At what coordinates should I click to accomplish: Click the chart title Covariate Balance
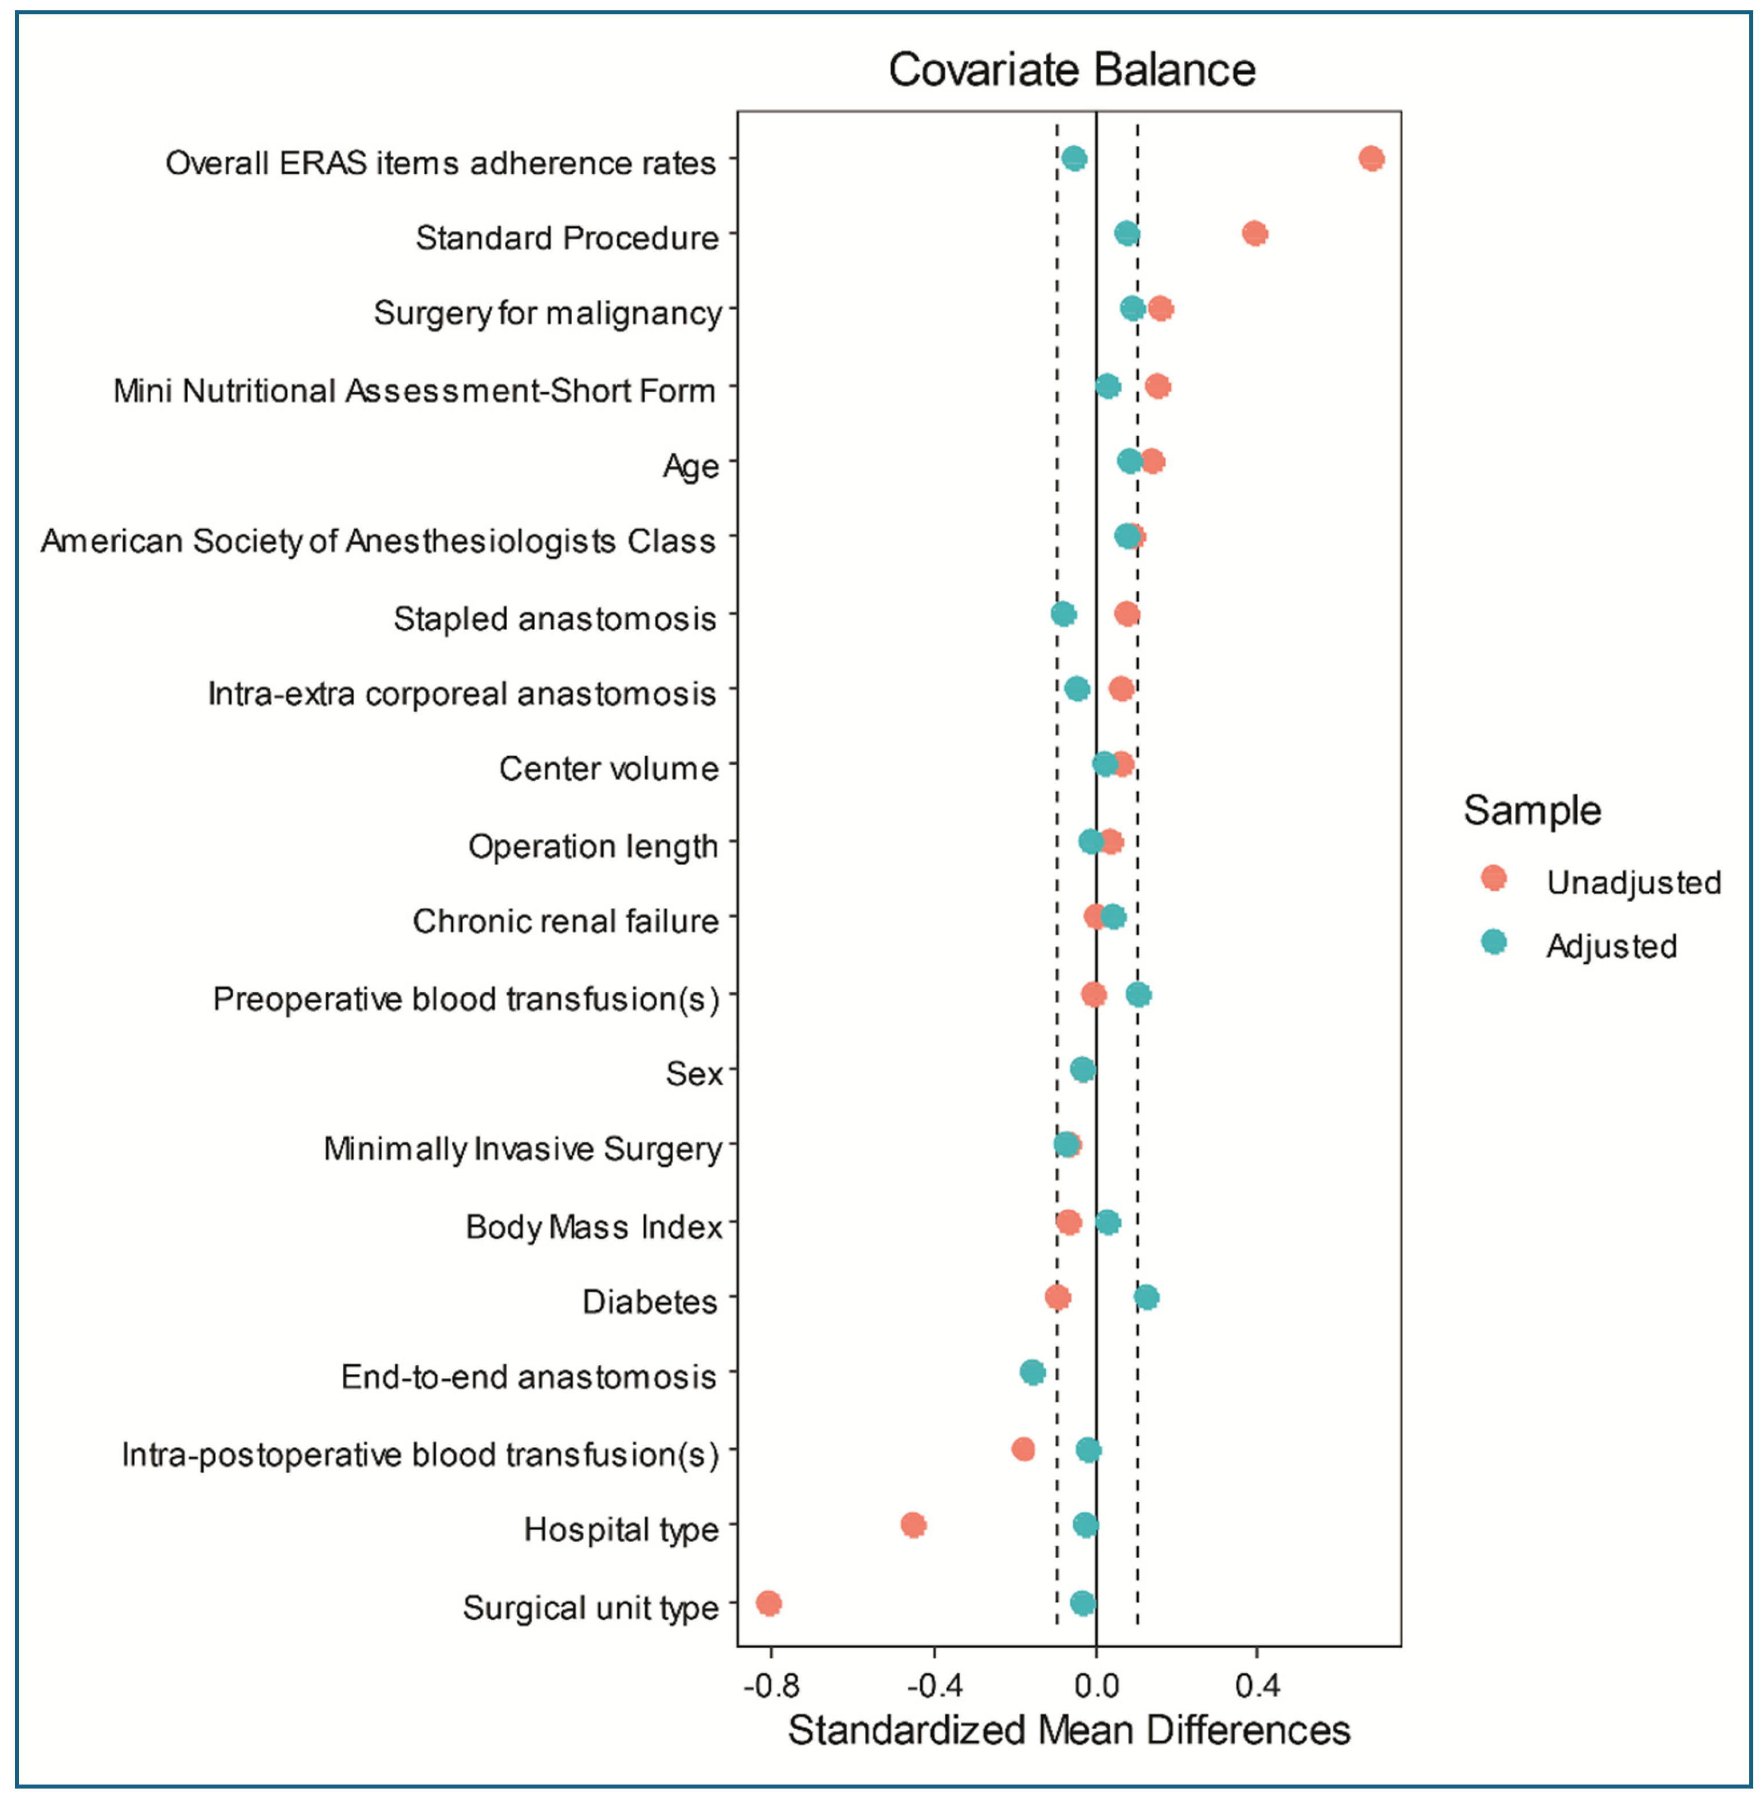coord(1071,69)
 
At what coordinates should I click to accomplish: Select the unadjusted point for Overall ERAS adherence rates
coord(1371,158)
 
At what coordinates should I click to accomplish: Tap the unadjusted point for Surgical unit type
coord(768,1603)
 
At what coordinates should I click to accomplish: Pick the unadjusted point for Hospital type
coord(913,1525)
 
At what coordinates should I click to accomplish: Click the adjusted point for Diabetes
coord(1146,1297)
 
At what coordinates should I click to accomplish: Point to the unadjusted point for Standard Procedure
coord(1255,233)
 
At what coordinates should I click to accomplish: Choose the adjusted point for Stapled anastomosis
coord(1063,614)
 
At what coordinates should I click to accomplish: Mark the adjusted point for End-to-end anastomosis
coord(1032,1372)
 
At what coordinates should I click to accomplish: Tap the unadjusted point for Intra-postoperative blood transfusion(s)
coord(1023,1449)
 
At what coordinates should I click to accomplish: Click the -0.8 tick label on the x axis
coord(771,1686)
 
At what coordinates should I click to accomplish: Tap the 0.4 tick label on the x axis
coord(1257,1686)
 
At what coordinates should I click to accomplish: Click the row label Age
coord(691,466)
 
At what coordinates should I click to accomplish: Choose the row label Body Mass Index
coord(594,1227)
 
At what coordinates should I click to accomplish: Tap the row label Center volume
coord(608,768)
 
